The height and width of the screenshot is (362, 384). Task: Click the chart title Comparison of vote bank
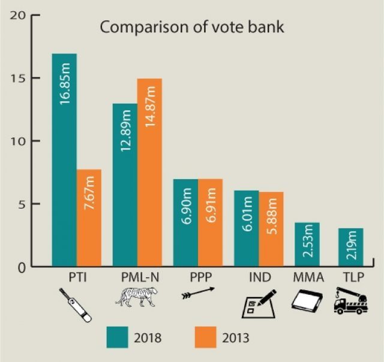(x=191, y=28)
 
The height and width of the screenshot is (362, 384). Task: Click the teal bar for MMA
(x=307, y=245)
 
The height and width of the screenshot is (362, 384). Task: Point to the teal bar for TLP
(x=350, y=247)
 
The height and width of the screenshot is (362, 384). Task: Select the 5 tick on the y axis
(x=20, y=204)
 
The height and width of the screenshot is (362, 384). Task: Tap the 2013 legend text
(x=236, y=337)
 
